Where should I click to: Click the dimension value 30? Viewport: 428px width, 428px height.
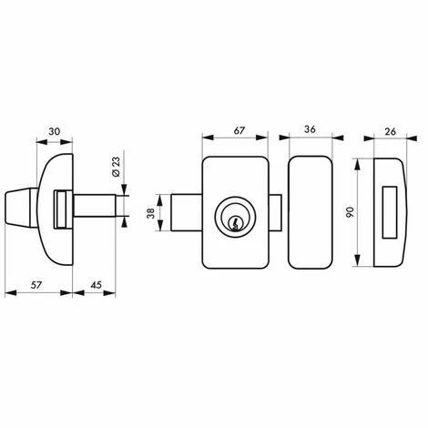point(55,131)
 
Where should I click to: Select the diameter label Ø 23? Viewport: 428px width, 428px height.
point(117,167)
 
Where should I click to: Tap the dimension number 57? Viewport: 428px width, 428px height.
point(36,285)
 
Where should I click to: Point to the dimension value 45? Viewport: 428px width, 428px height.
point(97,285)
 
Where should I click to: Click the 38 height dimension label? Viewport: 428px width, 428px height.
point(150,212)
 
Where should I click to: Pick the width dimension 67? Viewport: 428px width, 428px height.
point(239,130)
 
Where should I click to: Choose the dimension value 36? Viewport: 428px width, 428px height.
point(310,129)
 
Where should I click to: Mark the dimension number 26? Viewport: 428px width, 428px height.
point(391,131)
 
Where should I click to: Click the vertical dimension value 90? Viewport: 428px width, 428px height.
point(350,212)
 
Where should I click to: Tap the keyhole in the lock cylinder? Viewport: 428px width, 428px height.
point(235,222)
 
